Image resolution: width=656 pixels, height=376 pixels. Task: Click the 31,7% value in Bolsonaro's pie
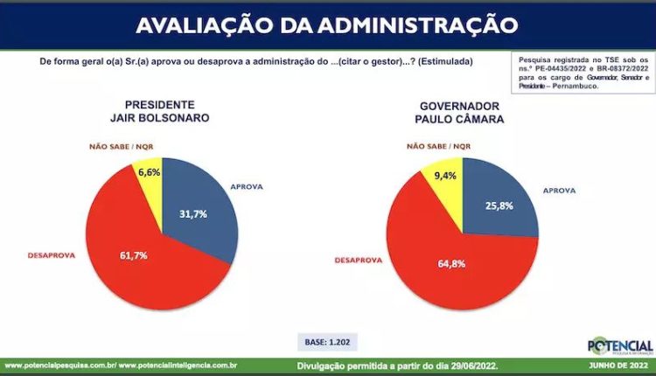pyautogui.click(x=192, y=214)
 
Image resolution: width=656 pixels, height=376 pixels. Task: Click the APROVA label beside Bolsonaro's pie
pyautogui.click(x=247, y=187)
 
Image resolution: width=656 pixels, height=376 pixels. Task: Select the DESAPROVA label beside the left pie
pyautogui.click(x=52, y=255)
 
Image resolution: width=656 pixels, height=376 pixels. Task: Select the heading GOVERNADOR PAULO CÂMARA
pyautogui.click(x=460, y=113)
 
